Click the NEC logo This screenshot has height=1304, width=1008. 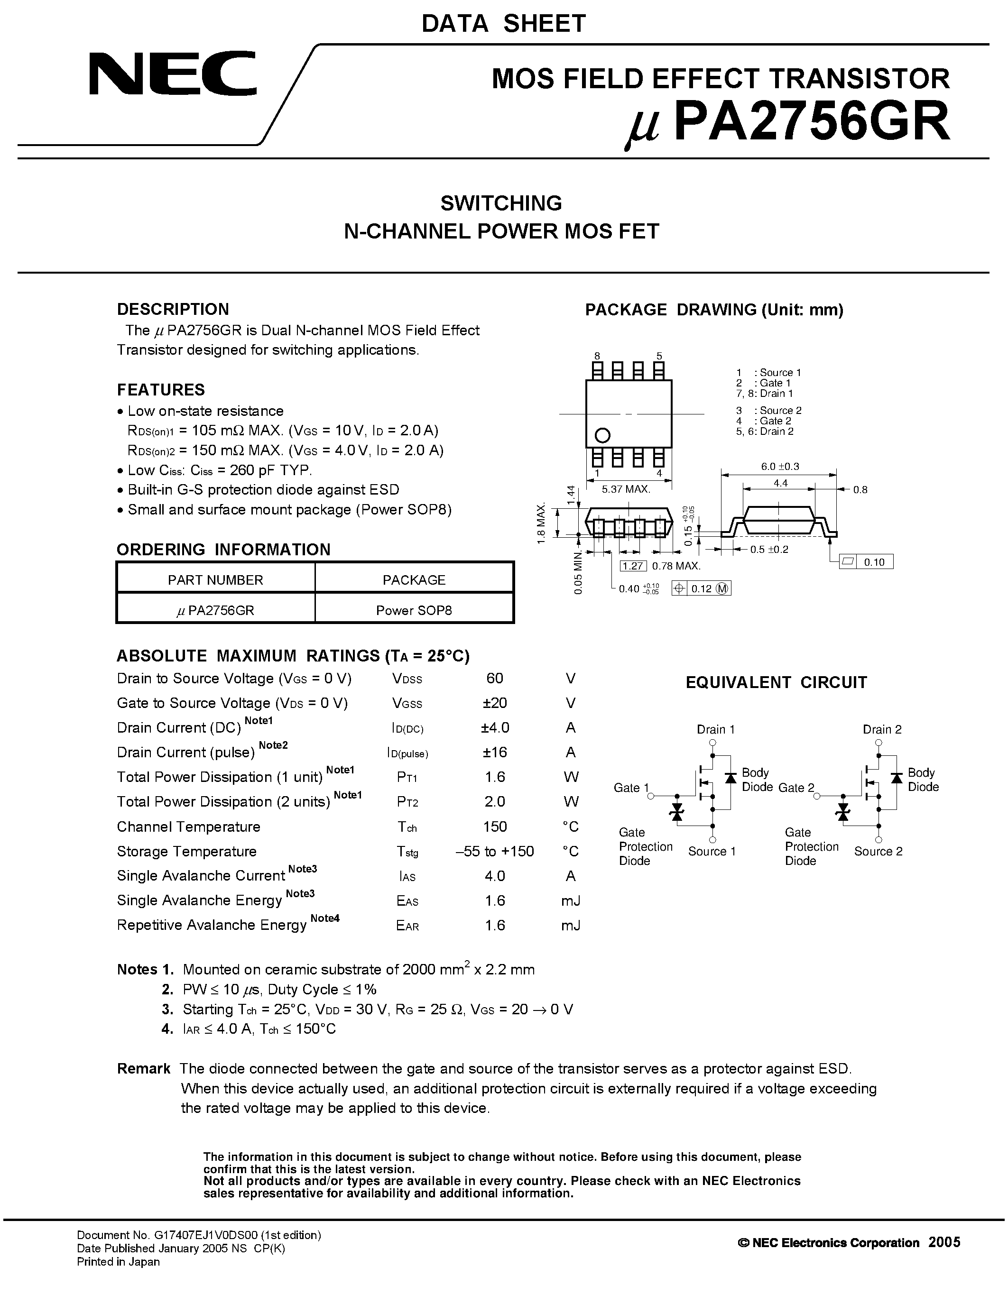[x=173, y=73]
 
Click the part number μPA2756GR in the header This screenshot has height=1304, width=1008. [x=786, y=123]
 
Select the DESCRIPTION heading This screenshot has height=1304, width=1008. [x=173, y=309]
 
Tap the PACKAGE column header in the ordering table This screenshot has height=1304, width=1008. [x=414, y=580]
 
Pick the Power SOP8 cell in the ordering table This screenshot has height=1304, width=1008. [x=414, y=610]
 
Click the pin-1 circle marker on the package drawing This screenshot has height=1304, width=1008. [x=602, y=435]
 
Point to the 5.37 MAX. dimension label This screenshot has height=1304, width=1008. [x=625, y=489]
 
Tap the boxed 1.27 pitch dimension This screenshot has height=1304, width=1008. [x=632, y=566]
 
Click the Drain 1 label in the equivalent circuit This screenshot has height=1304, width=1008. [x=715, y=729]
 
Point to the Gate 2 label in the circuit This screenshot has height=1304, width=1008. [x=796, y=788]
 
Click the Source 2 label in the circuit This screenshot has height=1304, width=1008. [x=878, y=852]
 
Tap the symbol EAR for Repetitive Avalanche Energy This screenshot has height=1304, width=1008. [x=407, y=926]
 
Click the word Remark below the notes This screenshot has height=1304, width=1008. [x=143, y=1069]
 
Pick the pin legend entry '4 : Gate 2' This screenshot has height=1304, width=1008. [x=764, y=421]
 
